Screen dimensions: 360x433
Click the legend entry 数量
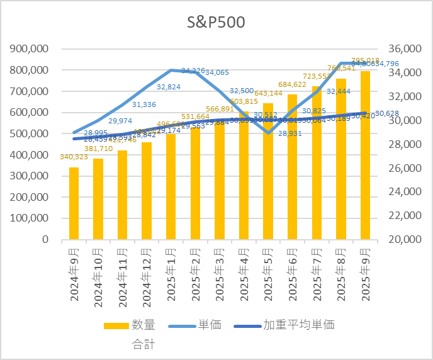click(x=143, y=325)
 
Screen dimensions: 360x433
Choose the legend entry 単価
click(x=210, y=325)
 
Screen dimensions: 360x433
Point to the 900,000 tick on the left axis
click(x=29, y=49)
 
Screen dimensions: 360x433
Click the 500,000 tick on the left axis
click(x=29, y=134)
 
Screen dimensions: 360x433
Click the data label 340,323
click(x=74, y=157)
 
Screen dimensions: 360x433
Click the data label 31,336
click(x=144, y=104)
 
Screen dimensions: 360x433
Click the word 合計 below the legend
click(x=143, y=344)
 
